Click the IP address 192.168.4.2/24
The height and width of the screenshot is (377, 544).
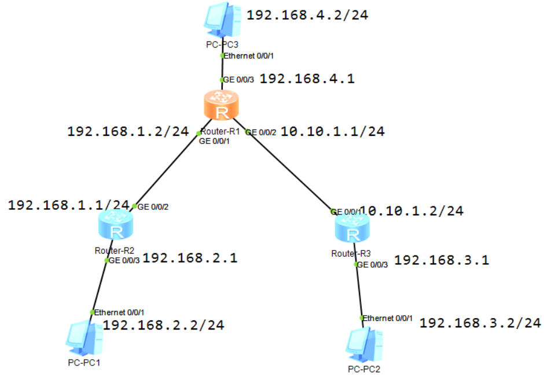tap(307, 15)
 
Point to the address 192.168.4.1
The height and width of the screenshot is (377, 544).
tap(307, 79)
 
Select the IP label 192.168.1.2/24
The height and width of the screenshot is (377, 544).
tap(128, 131)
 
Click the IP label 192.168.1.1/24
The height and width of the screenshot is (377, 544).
tap(68, 205)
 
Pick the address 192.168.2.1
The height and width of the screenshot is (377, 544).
tap(190, 258)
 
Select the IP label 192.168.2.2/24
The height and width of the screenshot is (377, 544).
tap(163, 325)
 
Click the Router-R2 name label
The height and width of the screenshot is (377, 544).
tap(115, 251)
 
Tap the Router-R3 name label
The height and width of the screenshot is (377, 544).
tap(351, 253)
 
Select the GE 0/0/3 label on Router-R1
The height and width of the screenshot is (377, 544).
tap(238, 79)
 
